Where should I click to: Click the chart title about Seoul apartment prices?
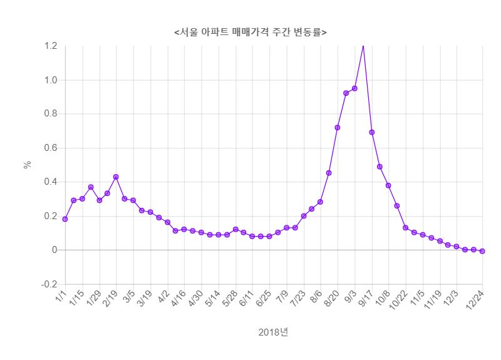250,31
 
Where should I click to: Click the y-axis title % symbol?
27,165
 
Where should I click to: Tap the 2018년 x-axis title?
273,332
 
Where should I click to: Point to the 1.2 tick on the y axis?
51,46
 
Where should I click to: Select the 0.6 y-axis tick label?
51,148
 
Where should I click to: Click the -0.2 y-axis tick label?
48,284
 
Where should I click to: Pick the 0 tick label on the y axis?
54,250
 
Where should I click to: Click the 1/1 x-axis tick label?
61,295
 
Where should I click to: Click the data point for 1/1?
65,219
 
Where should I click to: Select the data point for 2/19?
116,177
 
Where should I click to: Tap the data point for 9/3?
354,88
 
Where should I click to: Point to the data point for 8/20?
338,127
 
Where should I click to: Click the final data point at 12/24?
482,251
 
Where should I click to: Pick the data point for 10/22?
406,227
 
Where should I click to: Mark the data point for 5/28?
235,229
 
